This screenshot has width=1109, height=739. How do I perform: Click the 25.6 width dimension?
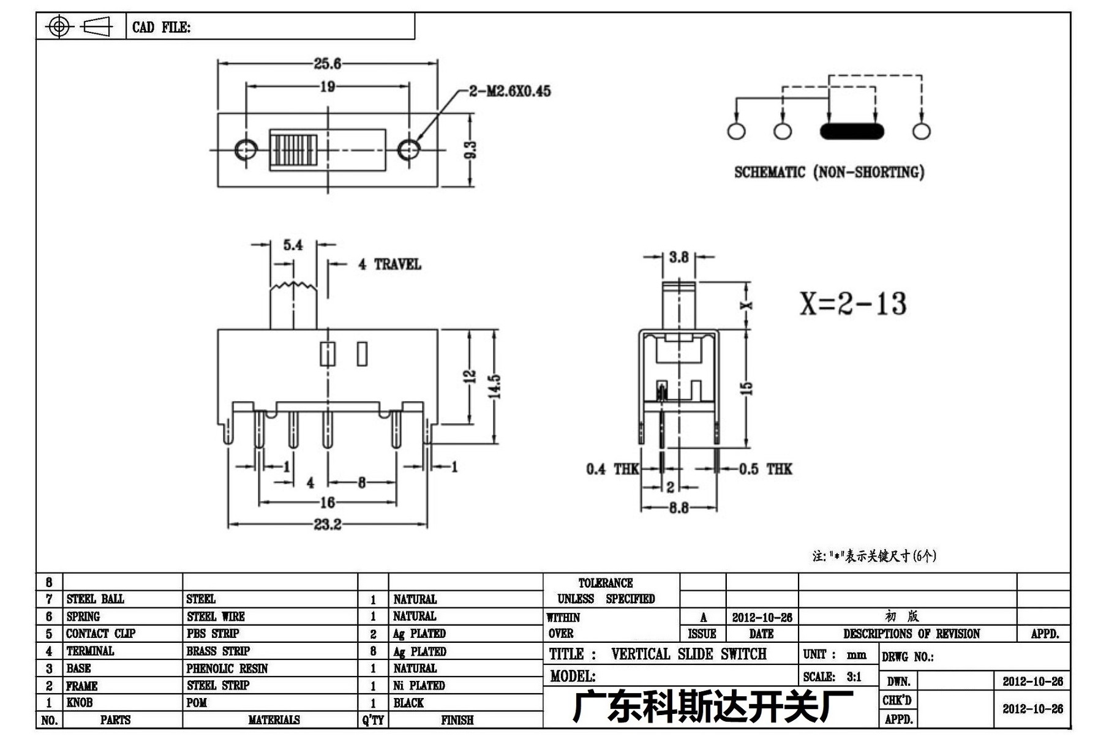[x=328, y=63]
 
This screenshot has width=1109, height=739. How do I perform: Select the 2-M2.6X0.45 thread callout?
[x=510, y=91]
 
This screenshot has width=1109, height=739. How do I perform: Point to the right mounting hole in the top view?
[x=408, y=149]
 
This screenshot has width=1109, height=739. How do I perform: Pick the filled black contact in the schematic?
[x=852, y=131]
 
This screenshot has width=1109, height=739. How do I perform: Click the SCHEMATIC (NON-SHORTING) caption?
[x=829, y=172]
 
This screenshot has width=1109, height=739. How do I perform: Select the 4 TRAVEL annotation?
[x=389, y=264]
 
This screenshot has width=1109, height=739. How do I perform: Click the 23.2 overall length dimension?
[x=328, y=525]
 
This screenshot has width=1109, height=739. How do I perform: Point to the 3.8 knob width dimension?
[x=679, y=257]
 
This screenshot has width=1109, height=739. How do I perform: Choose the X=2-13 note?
[x=853, y=304]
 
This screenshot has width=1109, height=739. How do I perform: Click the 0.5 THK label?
[x=765, y=469]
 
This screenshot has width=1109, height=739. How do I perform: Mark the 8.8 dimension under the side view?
[x=679, y=508]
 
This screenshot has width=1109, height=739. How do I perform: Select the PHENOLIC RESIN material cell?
[x=227, y=669]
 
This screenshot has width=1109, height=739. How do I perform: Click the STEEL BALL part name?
[x=95, y=599]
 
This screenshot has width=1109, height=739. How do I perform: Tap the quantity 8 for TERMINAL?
[x=373, y=651]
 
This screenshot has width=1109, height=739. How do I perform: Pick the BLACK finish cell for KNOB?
[x=408, y=703]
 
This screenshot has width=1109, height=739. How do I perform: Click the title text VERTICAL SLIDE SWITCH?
[x=689, y=654]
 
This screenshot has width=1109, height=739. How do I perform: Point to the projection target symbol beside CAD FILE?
[x=59, y=26]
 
